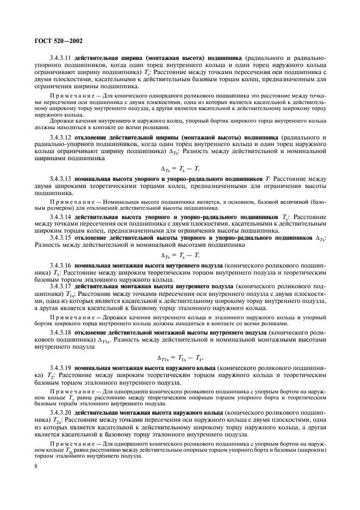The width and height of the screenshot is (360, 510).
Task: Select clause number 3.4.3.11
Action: pyautogui.click(x=61, y=57)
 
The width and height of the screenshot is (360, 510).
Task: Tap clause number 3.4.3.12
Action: pyautogui.click(x=61, y=136)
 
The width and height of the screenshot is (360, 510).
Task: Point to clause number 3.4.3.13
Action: pyautogui.click(x=61, y=178)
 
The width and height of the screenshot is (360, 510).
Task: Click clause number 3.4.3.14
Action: pyautogui.click(x=61, y=216)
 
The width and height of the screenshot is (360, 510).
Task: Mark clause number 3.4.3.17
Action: pyautogui.click(x=61, y=285)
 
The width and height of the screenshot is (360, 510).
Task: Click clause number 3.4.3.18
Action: pyautogui.click(x=61, y=332)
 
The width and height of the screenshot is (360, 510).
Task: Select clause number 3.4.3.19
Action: pyautogui.click(x=61, y=368)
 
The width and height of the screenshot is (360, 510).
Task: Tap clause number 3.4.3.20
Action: pyautogui.click(x=61, y=412)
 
